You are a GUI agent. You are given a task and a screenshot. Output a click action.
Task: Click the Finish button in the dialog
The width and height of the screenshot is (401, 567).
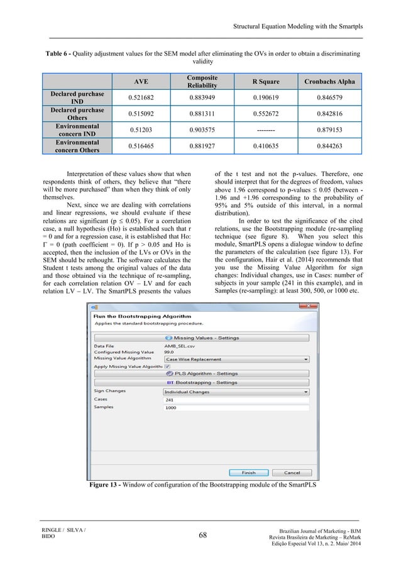248,472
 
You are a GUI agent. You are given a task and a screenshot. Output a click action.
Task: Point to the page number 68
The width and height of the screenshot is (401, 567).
200,535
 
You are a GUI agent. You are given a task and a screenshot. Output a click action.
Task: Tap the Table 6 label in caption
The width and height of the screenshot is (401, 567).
57,54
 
